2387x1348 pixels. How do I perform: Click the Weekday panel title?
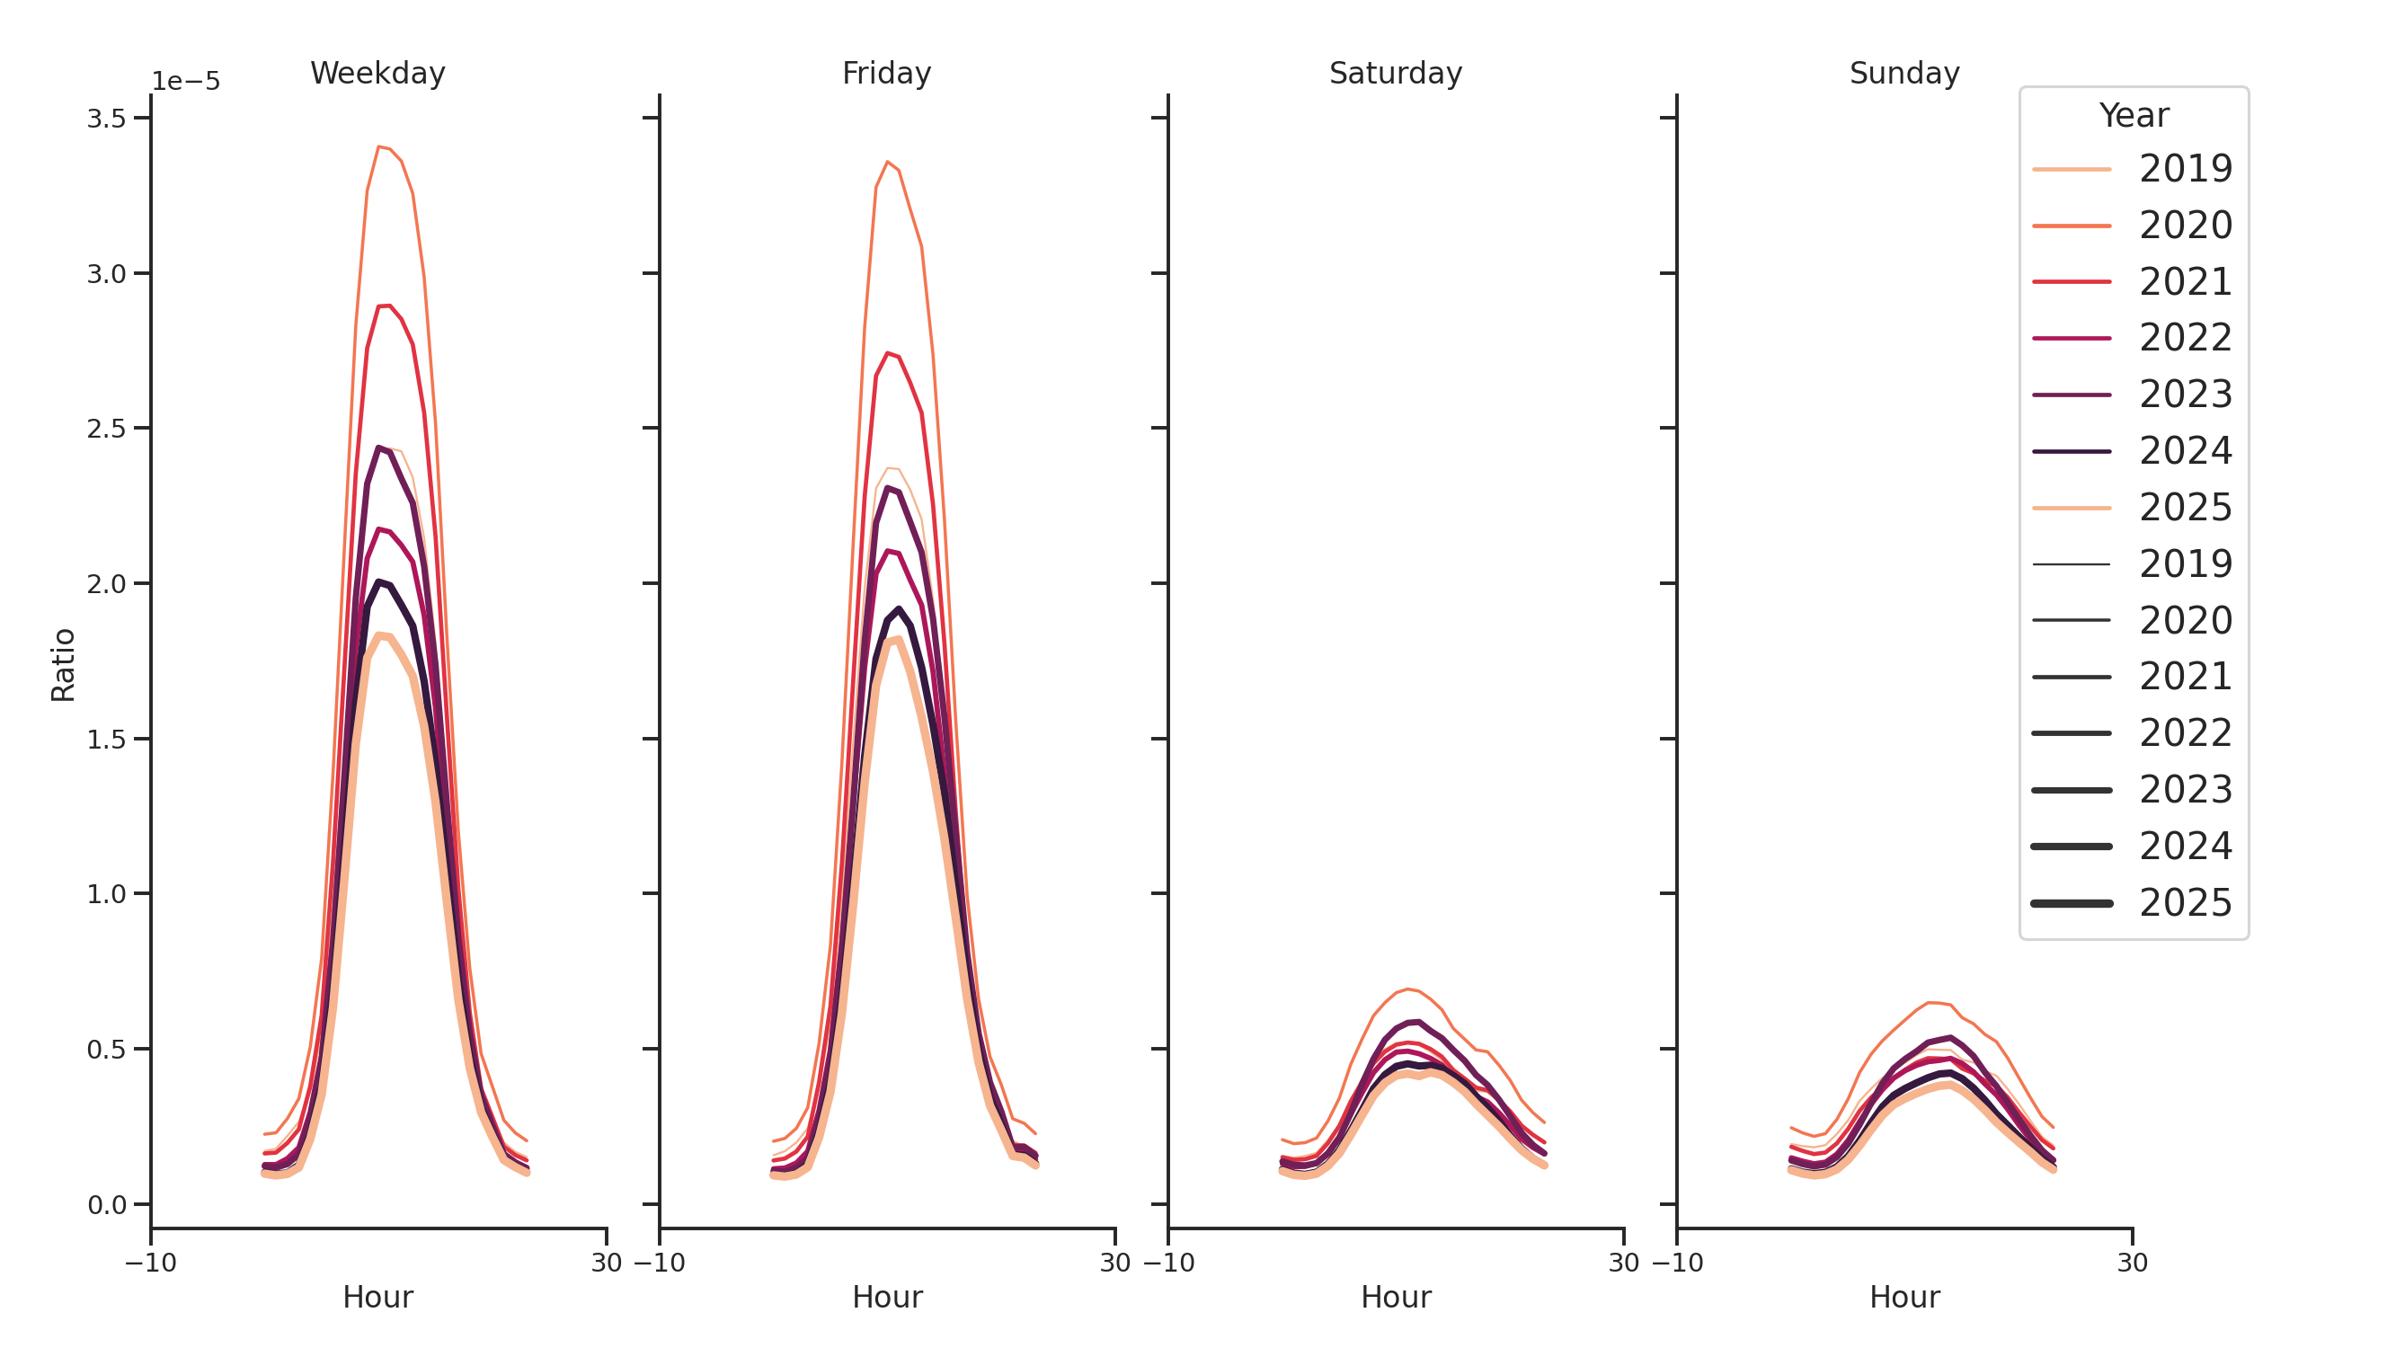377,73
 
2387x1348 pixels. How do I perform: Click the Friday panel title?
886,73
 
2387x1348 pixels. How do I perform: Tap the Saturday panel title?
1395,73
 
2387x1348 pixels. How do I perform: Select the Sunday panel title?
1903,73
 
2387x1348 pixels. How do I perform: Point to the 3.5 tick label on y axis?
106,119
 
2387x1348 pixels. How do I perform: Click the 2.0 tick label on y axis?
106,583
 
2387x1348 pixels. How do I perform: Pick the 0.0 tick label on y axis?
106,1204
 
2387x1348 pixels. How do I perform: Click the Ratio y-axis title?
63,664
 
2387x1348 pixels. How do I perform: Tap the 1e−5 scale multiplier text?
185,82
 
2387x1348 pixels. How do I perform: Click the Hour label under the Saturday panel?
1395,1296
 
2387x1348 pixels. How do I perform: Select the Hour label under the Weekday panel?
377,1296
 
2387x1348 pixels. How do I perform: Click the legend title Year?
2133,116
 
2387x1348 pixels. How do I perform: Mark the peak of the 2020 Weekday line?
378,146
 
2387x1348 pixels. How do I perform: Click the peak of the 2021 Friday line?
887,353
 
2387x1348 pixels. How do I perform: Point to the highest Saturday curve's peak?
1407,989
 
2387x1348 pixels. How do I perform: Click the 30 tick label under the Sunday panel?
2132,1262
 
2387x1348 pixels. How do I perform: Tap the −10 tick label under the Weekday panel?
150,1262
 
